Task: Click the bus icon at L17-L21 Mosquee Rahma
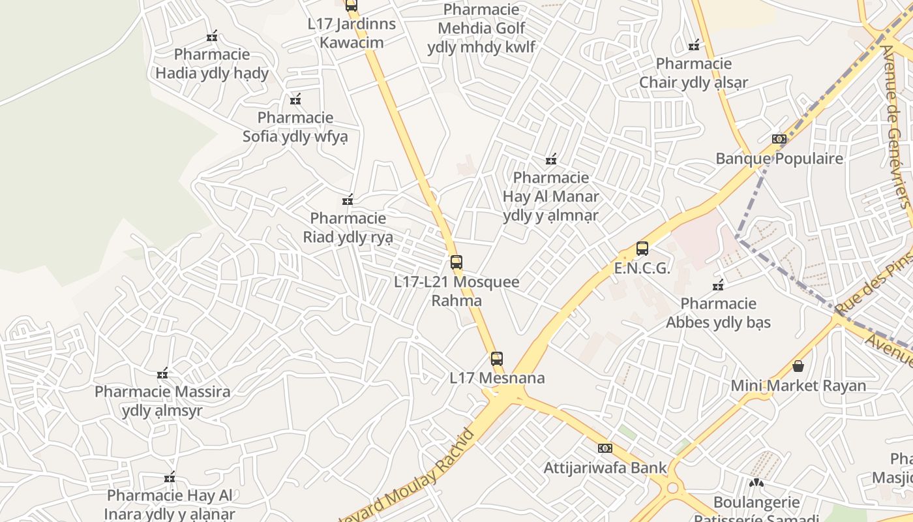click(x=456, y=262)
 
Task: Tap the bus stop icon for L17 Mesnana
click(x=497, y=358)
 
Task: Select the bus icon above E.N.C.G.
click(x=642, y=248)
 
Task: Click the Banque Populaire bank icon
click(x=779, y=139)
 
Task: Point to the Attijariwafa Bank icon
click(x=605, y=448)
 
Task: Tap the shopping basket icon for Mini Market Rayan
click(x=798, y=366)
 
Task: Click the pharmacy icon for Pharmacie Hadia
click(x=212, y=37)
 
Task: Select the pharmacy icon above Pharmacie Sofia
click(x=295, y=100)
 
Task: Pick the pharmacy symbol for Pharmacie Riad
click(x=348, y=200)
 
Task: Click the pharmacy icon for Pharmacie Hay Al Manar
click(x=551, y=159)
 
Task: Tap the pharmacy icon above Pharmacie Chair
click(x=694, y=46)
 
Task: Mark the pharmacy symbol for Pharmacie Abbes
click(x=719, y=285)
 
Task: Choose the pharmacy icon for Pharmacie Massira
click(x=162, y=374)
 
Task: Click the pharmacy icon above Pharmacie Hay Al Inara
click(x=170, y=478)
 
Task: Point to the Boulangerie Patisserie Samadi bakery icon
click(x=756, y=484)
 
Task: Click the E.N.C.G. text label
click(x=642, y=268)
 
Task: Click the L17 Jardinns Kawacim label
click(x=352, y=33)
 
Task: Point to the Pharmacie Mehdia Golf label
click(x=481, y=28)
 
